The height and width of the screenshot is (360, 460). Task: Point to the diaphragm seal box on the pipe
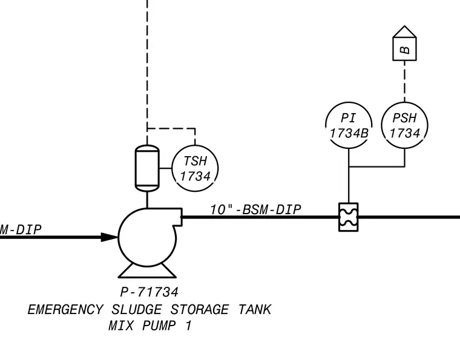click(x=348, y=217)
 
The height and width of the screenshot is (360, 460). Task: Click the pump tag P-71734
click(x=149, y=292)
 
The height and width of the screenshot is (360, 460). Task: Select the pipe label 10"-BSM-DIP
click(x=255, y=209)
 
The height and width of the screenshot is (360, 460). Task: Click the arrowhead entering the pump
click(x=110, y=237)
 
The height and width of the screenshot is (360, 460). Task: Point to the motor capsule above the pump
click(x=147, y=168)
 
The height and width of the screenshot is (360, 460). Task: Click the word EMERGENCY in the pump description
click(x=65, y=310)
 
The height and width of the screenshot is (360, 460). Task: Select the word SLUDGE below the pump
click(x=137, y=310)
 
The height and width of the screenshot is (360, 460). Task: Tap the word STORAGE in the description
click(x=200, y=310)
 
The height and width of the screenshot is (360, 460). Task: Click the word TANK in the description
click(x=255, y=310)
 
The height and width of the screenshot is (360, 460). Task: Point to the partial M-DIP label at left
click(x=21, y=229)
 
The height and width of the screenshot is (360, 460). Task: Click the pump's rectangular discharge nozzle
click(x=178, y=217)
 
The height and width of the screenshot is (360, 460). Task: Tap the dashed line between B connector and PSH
click(x=404, y=81)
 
